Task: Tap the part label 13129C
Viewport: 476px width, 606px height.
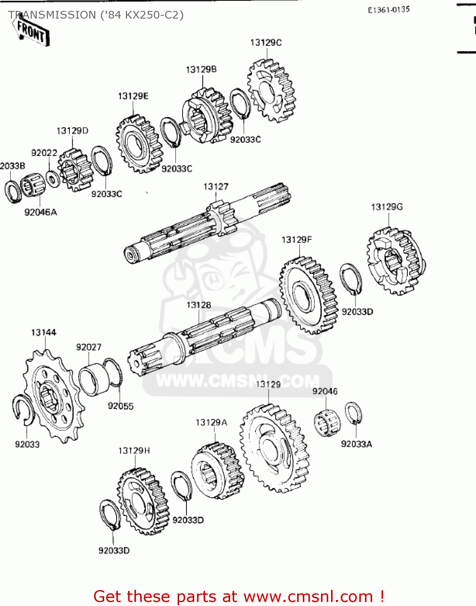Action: [x=266, y=43]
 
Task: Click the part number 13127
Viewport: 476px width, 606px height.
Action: [x=216, y=187]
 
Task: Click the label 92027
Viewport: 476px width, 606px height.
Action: [x=88, y=347]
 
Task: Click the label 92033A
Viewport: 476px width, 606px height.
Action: [x=356, y=444]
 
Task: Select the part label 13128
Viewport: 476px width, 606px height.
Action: [x=198, y=305]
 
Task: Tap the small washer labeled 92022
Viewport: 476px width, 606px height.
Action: [x=52, y=178]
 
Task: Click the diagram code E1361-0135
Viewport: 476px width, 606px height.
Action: [x=388, y=10]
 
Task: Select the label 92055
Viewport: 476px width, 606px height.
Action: [x=120, y=406]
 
